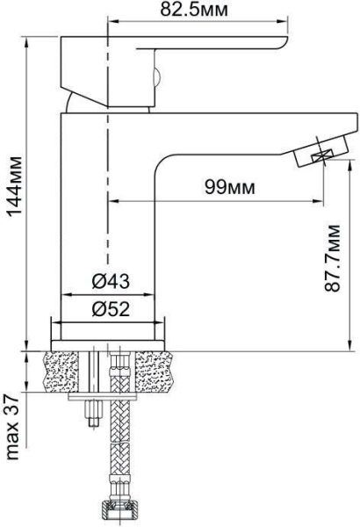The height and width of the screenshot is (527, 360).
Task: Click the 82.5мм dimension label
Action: (194, 10)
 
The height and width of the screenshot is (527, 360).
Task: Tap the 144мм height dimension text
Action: (15, 186)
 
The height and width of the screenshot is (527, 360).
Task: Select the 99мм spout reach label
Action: (230, 188)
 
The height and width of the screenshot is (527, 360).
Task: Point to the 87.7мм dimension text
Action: (332, 257)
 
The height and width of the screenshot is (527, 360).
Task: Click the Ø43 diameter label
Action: (111, 281)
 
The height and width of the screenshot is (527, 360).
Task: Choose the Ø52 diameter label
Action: (111, 308)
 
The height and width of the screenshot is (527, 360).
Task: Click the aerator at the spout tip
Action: (320, 150)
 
